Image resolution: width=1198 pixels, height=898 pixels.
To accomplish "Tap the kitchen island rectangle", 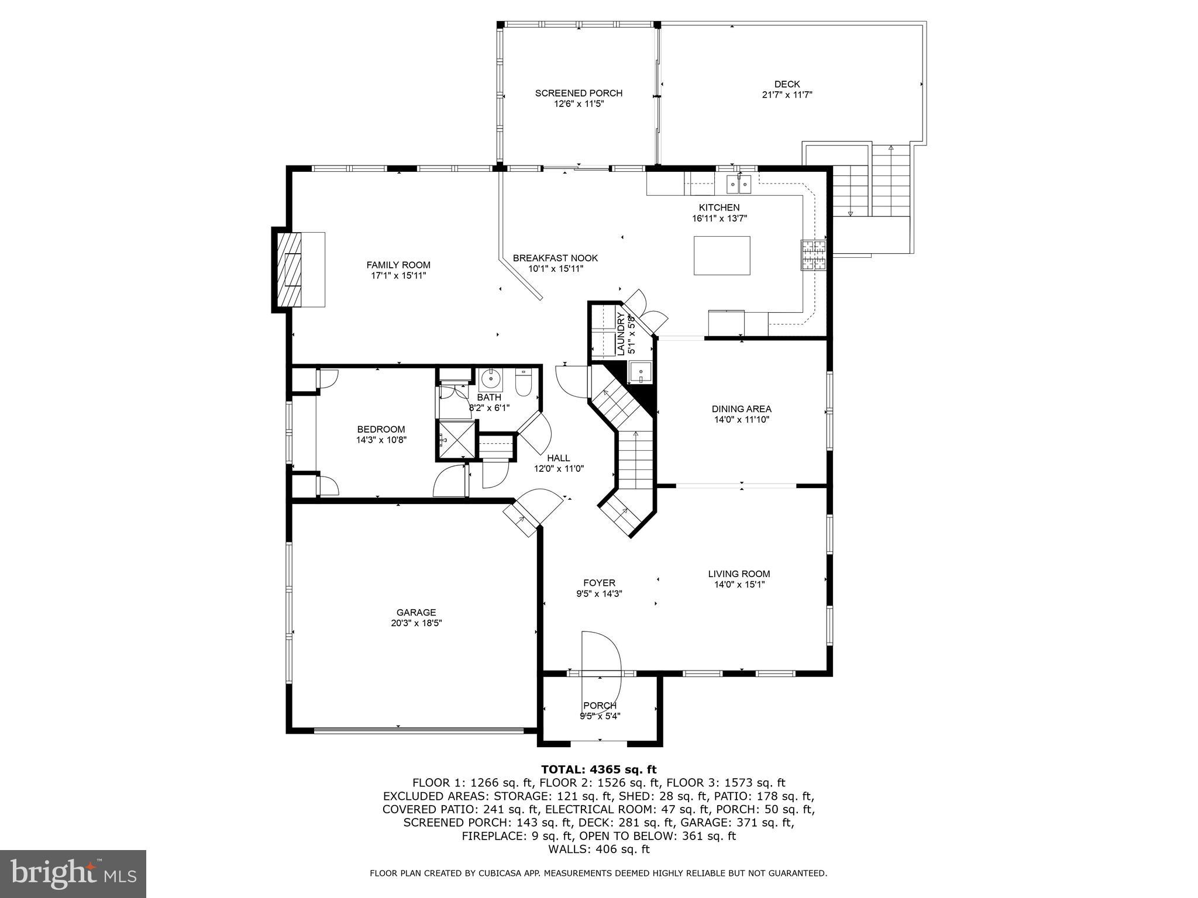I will click(722, 255).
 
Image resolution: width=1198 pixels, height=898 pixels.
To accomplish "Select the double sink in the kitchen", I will click(739, 185).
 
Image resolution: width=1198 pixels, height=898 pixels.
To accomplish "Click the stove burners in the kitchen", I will click(814, 255).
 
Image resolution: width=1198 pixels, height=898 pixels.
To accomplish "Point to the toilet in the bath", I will click(523, 383).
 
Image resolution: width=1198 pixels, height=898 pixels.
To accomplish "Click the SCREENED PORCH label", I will click(579, 93).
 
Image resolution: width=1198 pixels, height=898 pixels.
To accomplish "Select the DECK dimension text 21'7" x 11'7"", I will click(787, 95).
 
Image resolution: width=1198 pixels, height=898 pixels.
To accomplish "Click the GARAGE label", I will click(416, 613).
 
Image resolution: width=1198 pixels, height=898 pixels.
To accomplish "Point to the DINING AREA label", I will click(741, 409).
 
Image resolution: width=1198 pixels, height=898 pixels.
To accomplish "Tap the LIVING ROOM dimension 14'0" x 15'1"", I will click(739, 585).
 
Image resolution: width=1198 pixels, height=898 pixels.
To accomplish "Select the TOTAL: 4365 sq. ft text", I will click(598, 769).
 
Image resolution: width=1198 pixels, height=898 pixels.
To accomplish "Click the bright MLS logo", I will click(73, 873).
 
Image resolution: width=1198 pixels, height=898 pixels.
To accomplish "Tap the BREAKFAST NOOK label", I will click(555, 258).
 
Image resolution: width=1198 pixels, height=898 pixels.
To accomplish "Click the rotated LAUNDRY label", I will click(621, 334).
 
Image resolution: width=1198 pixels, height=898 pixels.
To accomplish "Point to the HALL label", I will click(559, 458).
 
